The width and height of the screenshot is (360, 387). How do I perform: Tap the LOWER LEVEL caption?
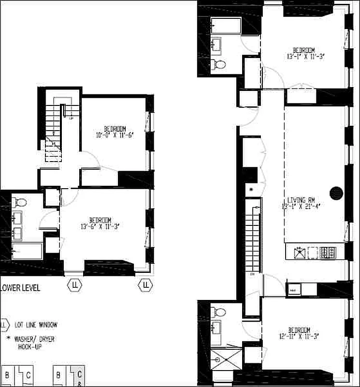tap(20, 288)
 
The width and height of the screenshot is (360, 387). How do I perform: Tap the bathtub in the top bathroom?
tap(226, 26)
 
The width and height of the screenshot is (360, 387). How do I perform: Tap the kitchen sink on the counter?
tap(300, 252)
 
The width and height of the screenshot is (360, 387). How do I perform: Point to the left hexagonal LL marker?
tap(75, 285)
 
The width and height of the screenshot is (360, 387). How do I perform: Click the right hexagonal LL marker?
tap(144, 285)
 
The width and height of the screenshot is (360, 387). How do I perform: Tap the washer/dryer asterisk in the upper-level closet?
tap(251, 189)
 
